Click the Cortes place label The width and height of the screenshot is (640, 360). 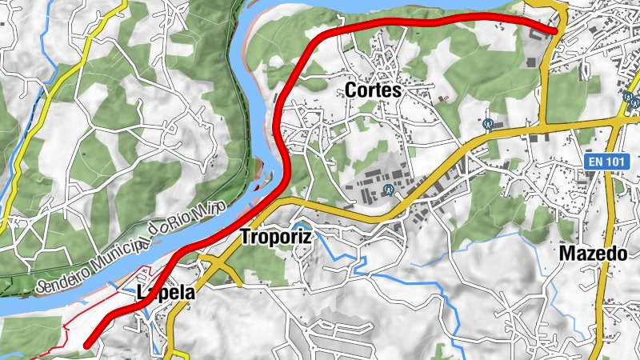[372, 90]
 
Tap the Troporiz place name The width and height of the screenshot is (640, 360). [275, 237]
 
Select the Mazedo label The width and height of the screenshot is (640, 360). [592, 254]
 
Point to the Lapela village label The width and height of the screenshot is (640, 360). [166, 293]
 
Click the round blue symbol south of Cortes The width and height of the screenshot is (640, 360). [487, 124]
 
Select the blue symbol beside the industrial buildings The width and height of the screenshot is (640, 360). [388, 190]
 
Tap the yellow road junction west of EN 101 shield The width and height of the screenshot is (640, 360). [545, 125]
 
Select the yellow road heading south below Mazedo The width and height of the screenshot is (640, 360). [598, 320]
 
